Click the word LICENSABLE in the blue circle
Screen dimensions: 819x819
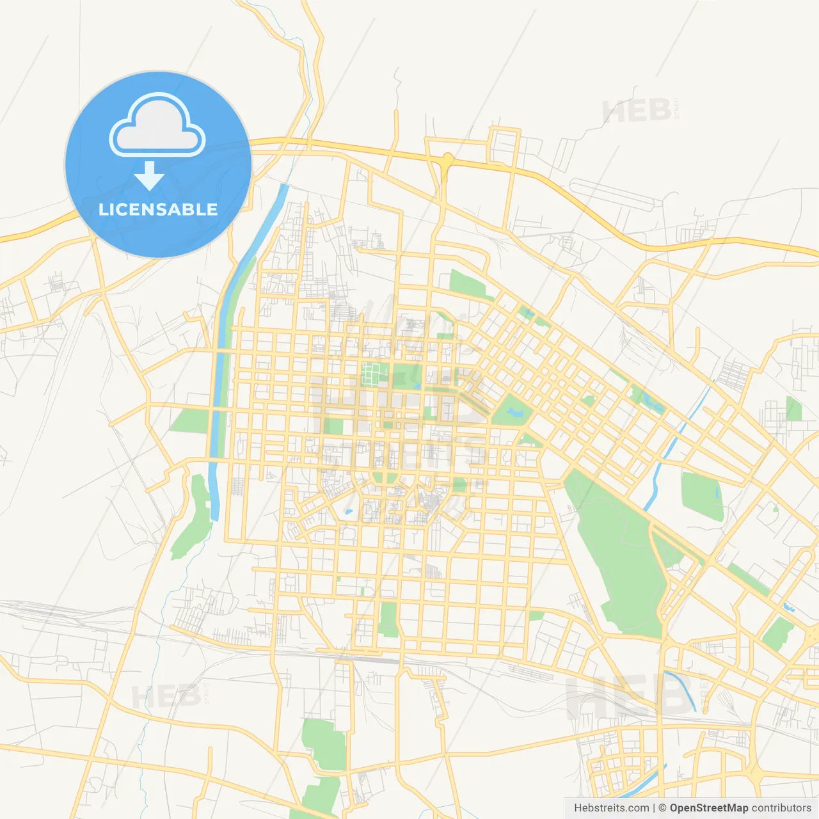[x=158, y=209]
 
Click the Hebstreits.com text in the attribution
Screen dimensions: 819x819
[x=611, y=808]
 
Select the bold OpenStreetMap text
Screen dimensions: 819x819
[x=708, y=808]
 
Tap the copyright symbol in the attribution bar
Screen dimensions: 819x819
[x=663, y=808]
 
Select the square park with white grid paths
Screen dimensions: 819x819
[x=371, y=374]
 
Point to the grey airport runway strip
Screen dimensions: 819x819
[x=611, y=192]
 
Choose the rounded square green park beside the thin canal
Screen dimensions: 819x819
[x=701, y=496]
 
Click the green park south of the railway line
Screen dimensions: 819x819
[x=324, y=742]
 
